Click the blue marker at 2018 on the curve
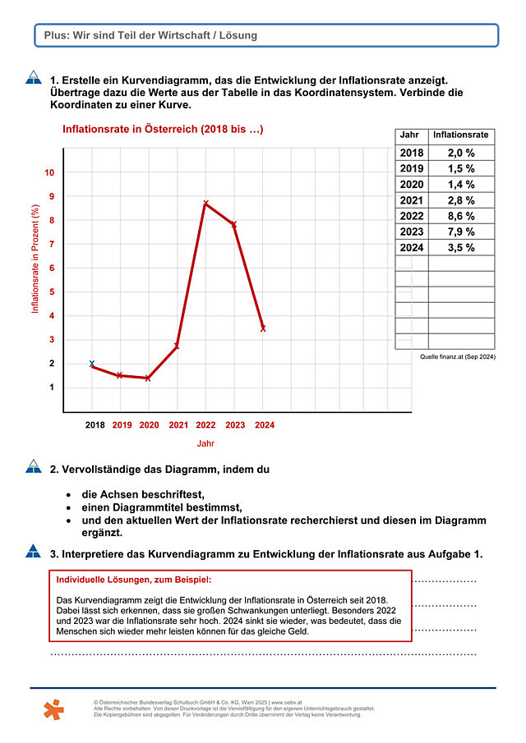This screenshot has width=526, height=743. coord(92,364)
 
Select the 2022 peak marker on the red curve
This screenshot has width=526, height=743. coord(205,204)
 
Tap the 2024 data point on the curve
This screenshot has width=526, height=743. coord(263,328)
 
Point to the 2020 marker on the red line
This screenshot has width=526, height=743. coord(148,378)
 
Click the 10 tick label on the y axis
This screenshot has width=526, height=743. coord(49,173)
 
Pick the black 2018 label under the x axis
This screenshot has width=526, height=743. coord(95,425)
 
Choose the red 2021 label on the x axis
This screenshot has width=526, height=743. coord(178,425)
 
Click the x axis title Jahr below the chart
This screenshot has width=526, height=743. coord(205,443)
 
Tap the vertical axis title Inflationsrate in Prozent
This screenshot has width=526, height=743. coord(35,259)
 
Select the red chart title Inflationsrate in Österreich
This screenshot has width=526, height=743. coord(163,130)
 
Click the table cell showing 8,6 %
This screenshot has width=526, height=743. coord(461,216)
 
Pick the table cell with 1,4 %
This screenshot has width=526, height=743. coord(461,185)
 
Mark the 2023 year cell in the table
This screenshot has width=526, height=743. coord(412,232)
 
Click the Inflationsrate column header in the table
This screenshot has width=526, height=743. coord(460,135)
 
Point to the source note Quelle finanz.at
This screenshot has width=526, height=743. coord(458,357)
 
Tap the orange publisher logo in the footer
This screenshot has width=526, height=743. coord(53,709)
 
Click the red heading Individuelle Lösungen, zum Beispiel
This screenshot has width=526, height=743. coord(134,580)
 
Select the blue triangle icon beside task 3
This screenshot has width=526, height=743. coord(33,551)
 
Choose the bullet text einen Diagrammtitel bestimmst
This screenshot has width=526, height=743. coord(162,508)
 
